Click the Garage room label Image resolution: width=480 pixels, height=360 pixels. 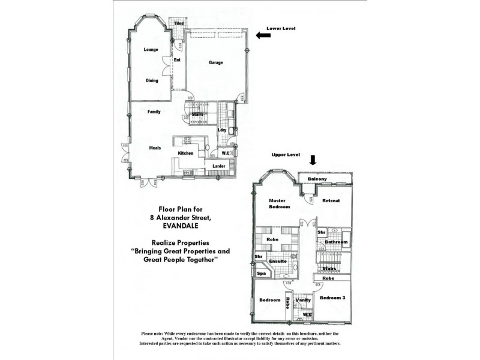click(216, 62)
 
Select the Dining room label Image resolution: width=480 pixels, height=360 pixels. click(151, 80)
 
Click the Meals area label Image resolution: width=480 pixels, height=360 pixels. click(155, 147)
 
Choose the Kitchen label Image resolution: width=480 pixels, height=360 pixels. click(185, 154)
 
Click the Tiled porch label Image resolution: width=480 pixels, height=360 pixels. click(179, 23)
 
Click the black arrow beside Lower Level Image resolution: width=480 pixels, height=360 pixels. click(262, 35)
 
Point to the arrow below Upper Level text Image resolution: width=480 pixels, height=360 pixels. click(311, 160)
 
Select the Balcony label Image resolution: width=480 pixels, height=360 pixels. click(317, 179)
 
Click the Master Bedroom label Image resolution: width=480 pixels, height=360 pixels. click(279, 203)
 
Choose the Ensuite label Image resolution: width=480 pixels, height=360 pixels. click(277, 262)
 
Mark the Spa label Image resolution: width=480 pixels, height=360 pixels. click(262, 273)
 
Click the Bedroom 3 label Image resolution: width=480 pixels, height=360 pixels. click(332, 298)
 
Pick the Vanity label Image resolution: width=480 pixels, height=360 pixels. click(304, 299)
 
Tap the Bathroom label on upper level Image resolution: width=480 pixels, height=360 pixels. click(336, 242)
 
